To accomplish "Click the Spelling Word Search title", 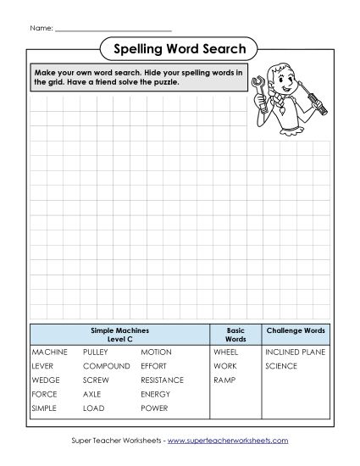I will [180, 49].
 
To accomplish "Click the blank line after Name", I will [113, 30].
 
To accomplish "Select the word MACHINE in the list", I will [48, 351].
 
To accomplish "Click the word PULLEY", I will [96, 351].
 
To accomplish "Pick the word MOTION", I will [156, 351].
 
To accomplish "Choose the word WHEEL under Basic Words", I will [225, 351].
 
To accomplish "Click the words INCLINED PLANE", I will [295, 351].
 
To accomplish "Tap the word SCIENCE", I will [281, 365].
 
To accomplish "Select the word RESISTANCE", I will [162, 380].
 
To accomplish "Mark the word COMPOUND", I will [106, 365].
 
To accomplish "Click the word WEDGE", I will [45, 380].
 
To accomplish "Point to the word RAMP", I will [224, 380].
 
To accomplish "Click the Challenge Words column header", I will [295, 330].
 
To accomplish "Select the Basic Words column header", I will [235, 334].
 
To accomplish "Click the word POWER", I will [154, 408].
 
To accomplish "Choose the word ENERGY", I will [156, 394].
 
